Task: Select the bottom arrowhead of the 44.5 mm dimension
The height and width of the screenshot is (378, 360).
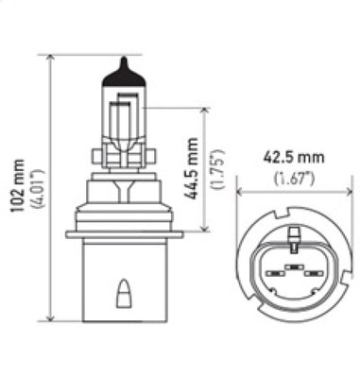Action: pos(204,228)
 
